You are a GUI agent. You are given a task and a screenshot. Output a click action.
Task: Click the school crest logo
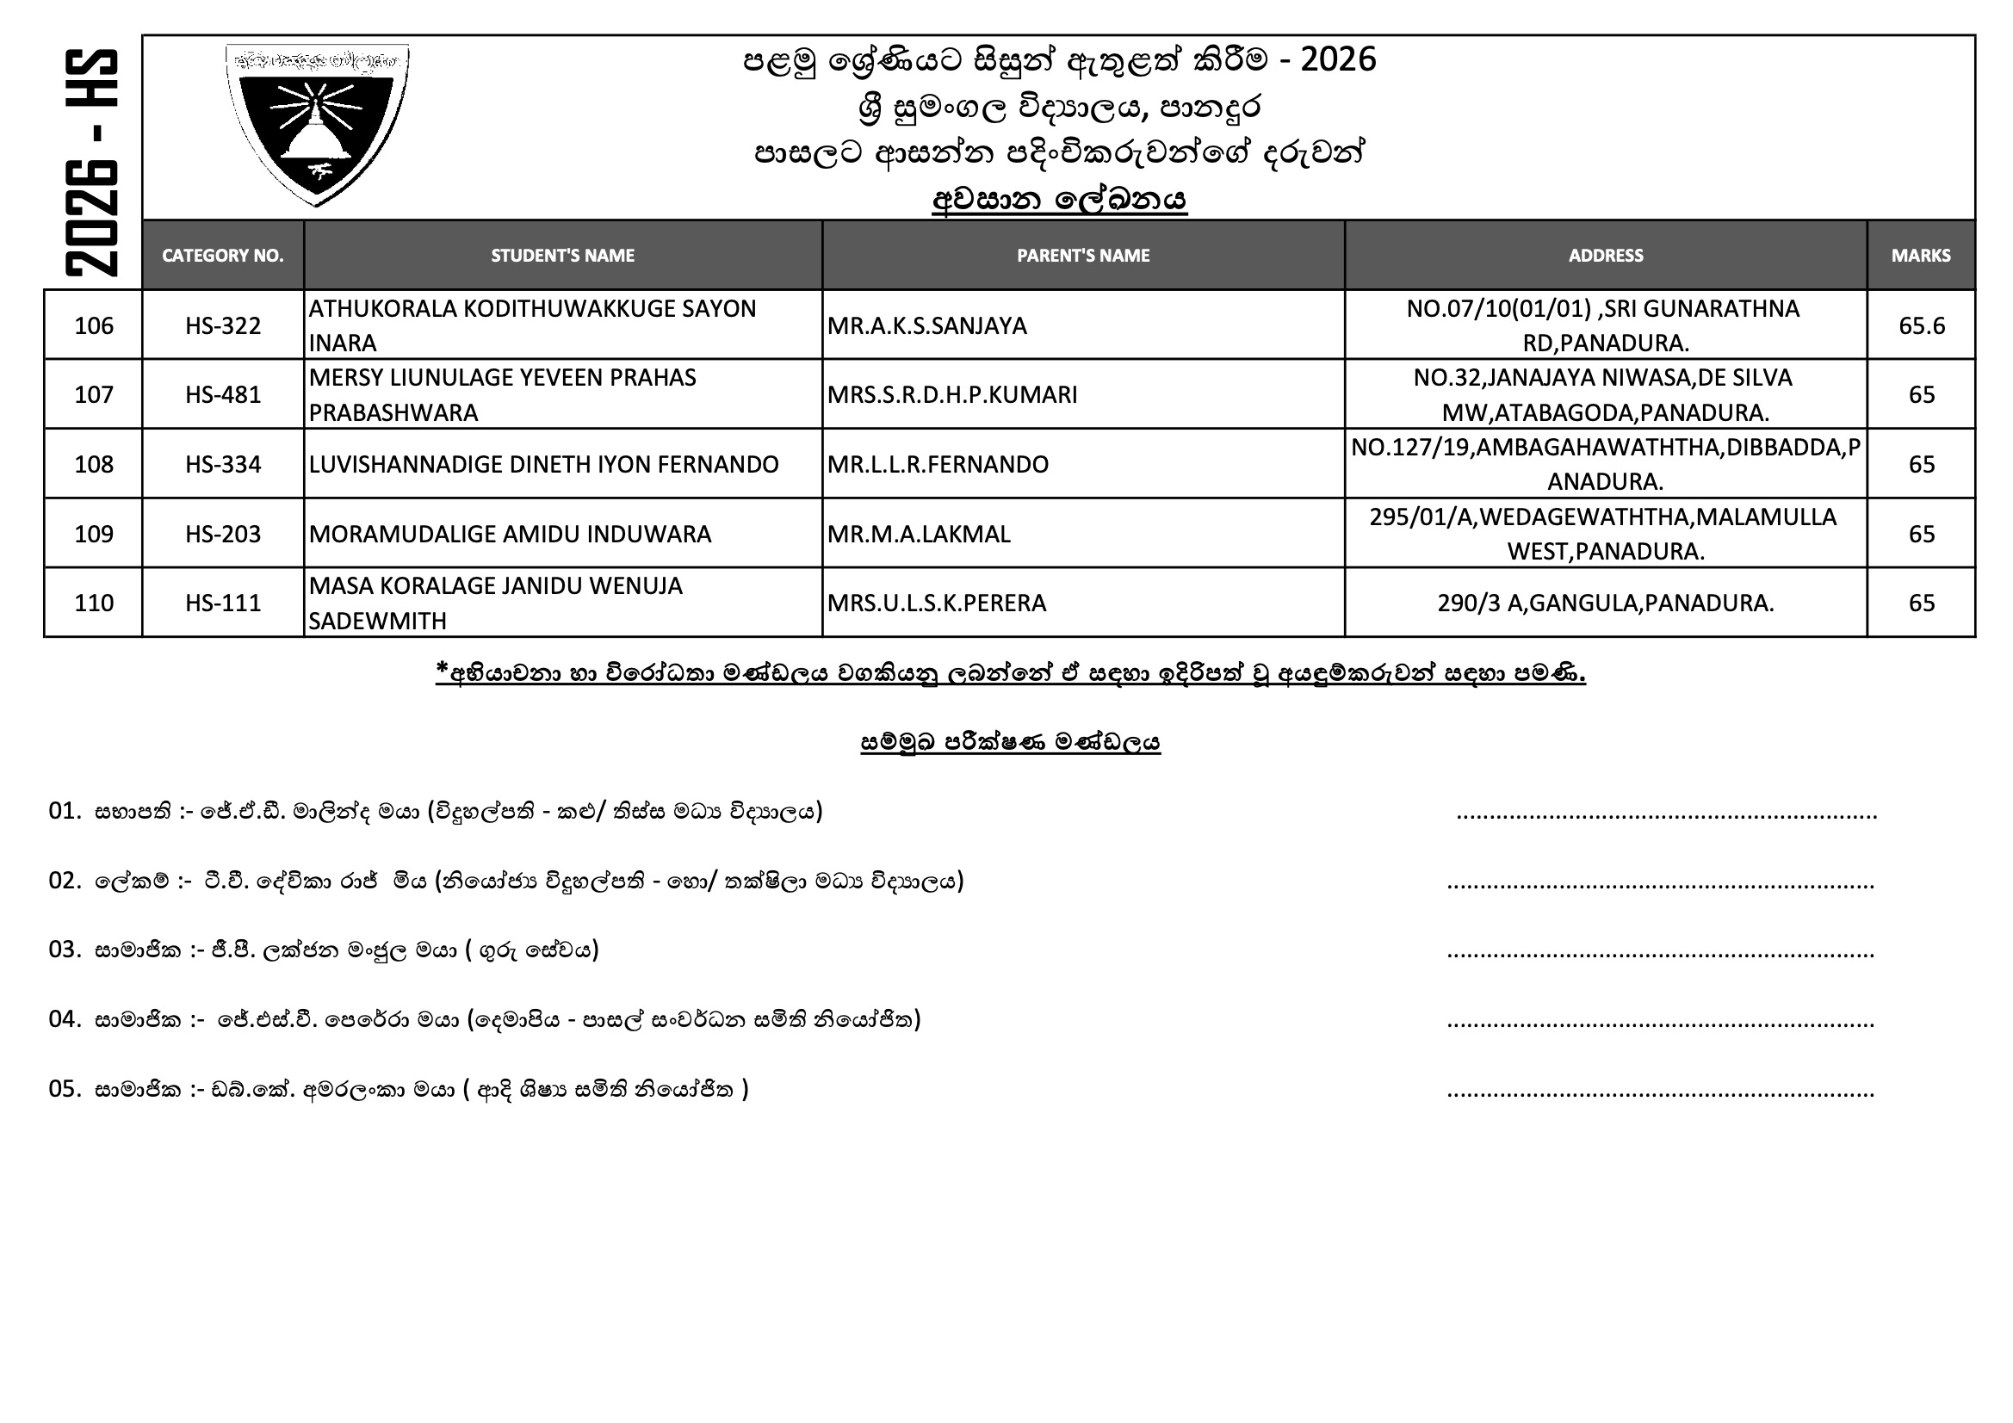pyautogui.click(x=317, y=124)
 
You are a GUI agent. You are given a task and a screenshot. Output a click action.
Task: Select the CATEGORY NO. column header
pyautogui.click(x=223, y=255)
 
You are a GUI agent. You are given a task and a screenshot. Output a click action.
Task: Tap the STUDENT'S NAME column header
pyautogui.click(x=562, y=255)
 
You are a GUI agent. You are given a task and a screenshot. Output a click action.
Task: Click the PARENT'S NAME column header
pyautogui.click(x=1083, y=255)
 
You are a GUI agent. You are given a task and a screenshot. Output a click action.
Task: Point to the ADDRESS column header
pyautogui.click(x=1605, y=255)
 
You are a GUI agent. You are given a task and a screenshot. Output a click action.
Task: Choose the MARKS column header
pyautogui.click(x=1920, y=255)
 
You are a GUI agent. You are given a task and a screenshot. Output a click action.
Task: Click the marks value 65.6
pyautogui.click(x=1921, y=325)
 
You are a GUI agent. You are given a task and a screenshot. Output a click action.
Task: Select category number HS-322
pyautogui.click(x=223, y=325)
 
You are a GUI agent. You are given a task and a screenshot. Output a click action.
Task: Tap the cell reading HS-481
pyautogui.click(x=223, y=394)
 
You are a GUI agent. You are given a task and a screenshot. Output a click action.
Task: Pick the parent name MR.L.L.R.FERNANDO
pyautogui.click(x=938, y=464)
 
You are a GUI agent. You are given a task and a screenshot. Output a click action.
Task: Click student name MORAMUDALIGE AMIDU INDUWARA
pyautogui.click(x=510, y=534)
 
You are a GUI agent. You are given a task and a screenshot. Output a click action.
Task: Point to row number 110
pyautogui.click(x=94, y=603)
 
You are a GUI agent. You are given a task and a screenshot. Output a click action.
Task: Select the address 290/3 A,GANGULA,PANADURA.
pyautogui.click(x=1605, y=603)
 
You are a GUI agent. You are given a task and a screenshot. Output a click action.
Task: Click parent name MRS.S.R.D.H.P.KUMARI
pyautogui.click(x=951, y=394)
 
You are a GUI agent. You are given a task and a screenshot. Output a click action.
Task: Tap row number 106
pyautogui.click(x=94, y=325)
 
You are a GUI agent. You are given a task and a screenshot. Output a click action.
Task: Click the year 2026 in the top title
pyautogui.click(x=1338, y=59)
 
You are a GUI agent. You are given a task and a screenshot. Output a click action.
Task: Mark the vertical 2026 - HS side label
pyautogui.click(x=91, y=163)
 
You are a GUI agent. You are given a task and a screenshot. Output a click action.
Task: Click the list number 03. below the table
pyautogui.click(x=65, y=950)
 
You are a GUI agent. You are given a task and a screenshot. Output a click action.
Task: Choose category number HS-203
pyautogui.click(x=223, y=534)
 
